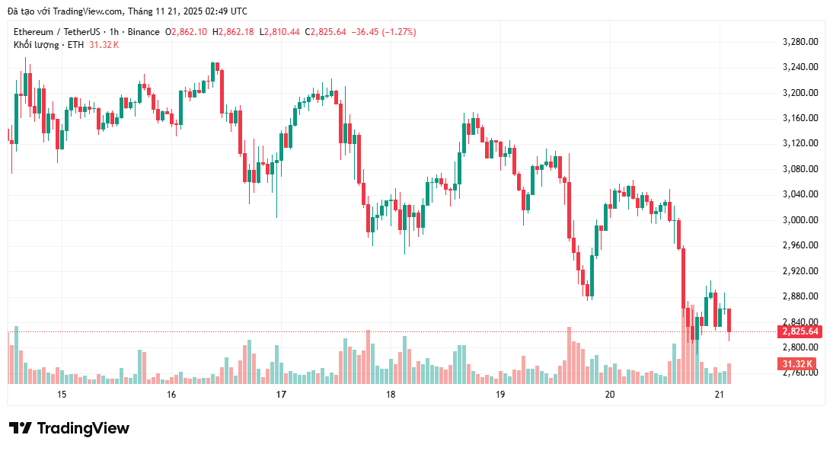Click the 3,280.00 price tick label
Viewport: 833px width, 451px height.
pyautogui.click(x=799, y=41)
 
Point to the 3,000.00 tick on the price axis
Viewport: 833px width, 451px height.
pyautogui.click(x=799, y=219)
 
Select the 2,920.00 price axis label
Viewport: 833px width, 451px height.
pyautogui.click(x=799, y=270)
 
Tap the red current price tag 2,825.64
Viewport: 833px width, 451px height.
pyautogui.click(x=799, y=331)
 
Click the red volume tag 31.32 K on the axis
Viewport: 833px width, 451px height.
pyautogui.click(x=796, y=364)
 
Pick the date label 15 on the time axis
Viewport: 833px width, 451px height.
pyautogui.click(x=62, y=394)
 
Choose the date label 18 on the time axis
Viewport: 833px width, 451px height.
pyautogui.click(x=391, y=394)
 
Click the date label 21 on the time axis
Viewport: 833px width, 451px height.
pyautogui.click(x=720, y=394)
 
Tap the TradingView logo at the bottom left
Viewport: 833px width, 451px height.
pyautogui.click(x=69, y=428)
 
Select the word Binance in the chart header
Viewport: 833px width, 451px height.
pyautogui.click(x=144, y=32)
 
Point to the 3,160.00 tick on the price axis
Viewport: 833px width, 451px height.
pyautogui.click(x=799, y=117)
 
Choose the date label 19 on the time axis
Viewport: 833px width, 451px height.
pyautogui.click(x=500, y=394)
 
